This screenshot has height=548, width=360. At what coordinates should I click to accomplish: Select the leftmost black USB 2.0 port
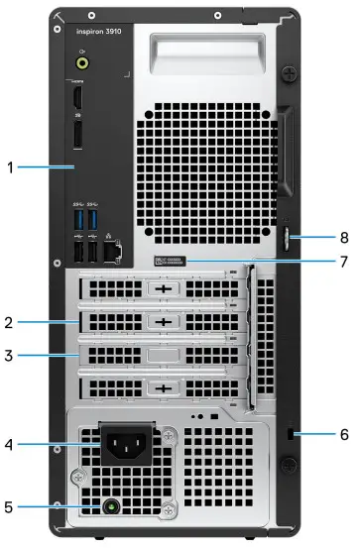(x=79, y=253)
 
